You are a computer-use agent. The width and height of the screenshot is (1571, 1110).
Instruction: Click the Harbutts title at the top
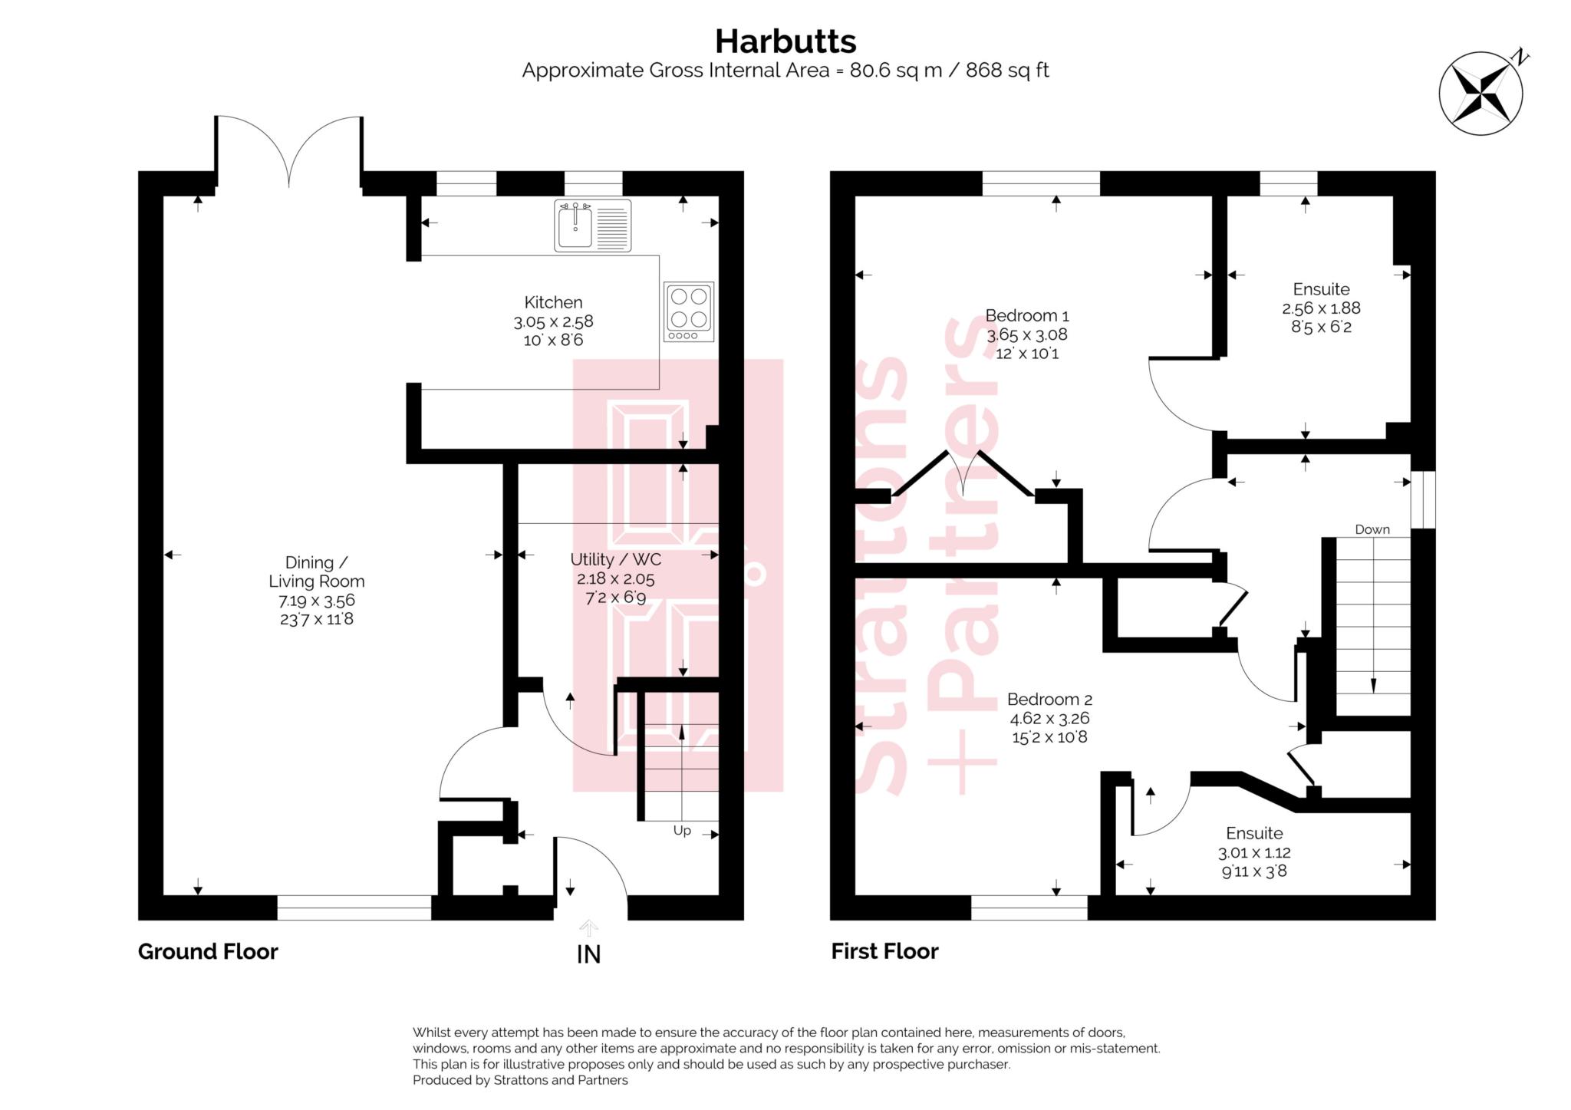pos(785,41)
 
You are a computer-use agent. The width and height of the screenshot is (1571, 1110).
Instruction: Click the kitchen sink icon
pos(592,226)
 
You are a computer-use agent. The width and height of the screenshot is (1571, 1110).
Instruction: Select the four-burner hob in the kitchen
pos(689,311)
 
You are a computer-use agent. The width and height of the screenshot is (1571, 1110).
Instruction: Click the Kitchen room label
pos(553,302)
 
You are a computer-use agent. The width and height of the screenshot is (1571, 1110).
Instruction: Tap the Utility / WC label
pos(615,559)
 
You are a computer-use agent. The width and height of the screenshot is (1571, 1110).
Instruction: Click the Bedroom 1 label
pos(1026,315)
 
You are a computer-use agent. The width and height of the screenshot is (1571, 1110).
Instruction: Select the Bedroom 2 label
pos(1049,700)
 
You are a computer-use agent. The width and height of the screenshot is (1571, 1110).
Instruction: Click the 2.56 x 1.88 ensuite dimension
pos(1320,308)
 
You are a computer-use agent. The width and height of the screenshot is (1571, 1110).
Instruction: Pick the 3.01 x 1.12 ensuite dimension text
pos(1253,852)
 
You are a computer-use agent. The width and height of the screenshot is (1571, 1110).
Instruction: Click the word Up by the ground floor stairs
pos(681,831)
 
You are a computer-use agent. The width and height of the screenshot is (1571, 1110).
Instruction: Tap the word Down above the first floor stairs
pos(1372,529)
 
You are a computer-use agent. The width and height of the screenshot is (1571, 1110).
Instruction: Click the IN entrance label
pos(588,954)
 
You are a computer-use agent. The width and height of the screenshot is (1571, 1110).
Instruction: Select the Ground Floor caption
pos(208,951)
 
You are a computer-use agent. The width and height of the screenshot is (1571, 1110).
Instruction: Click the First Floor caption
pos(884,951)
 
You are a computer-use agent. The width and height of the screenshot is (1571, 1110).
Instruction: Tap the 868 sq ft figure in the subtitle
pos(1006,71)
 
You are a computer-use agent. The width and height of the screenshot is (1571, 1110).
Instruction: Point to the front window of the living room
pos(354,907)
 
